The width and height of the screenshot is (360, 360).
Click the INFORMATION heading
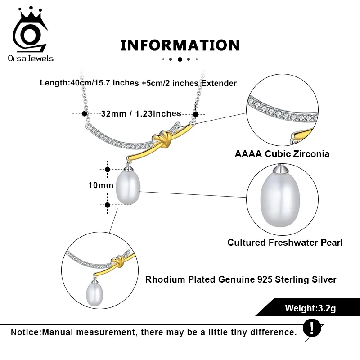coord(180,45)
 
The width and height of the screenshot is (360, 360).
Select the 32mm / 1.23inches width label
coord(141,114)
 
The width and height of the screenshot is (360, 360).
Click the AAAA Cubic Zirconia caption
coord(282,154)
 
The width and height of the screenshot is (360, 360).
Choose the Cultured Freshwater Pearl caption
coord(285,243)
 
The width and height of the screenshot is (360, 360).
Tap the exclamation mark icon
coord(312,327)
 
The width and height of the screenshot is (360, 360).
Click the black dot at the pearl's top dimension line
coord(107,170)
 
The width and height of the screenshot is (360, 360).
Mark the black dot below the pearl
coord(107,205)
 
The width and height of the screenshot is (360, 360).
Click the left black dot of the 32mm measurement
coord(84,114)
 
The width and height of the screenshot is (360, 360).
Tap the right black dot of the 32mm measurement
coord(196,114)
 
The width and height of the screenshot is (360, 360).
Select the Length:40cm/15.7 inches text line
coord(138,83)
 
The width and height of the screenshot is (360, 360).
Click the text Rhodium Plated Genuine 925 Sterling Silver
coord(241,279)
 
